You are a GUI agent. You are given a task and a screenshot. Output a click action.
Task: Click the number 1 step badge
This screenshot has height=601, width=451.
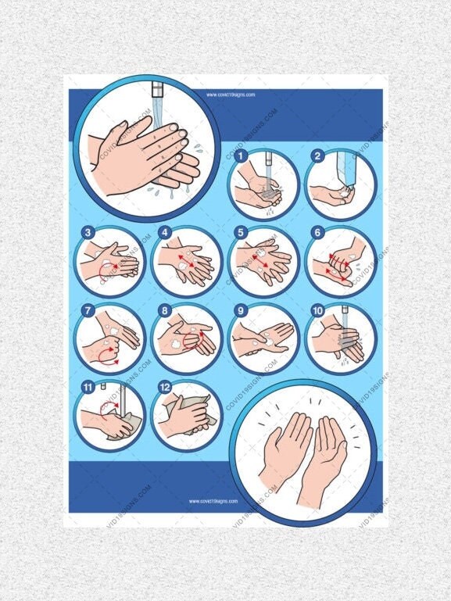click(x=242, y=156)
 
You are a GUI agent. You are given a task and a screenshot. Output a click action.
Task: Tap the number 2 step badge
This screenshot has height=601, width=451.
click(x=317, y=156)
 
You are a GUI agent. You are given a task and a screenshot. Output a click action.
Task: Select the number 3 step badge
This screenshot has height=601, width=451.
click(x=88, y=232)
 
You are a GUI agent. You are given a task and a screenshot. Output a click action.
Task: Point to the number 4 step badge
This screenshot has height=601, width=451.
click(x=165, y=232)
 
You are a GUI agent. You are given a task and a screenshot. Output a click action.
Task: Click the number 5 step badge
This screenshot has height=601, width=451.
click(x=242, y=232)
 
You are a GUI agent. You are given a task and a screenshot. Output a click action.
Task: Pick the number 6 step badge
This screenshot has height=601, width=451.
click(x=317, y=232)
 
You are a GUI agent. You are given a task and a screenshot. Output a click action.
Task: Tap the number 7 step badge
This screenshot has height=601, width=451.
click(x=88, y=310)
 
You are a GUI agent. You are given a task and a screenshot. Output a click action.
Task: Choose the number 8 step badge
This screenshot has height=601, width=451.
click(x=165, y=310)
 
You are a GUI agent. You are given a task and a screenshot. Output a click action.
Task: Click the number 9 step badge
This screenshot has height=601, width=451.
click(x=242, y=310)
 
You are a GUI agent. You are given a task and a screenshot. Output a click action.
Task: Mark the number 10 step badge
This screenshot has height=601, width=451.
click(x=317, y=310)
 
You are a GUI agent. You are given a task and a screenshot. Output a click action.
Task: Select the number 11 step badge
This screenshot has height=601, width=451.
click(x=88, y=386)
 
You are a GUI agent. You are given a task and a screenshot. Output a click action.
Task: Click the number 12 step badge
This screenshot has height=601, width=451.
click(x=165, y=386)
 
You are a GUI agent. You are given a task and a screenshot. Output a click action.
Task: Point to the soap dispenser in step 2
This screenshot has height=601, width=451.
click(x=344, y=169)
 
